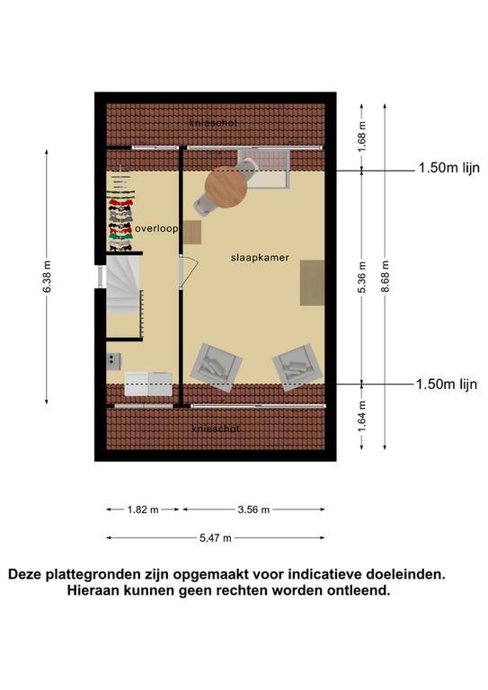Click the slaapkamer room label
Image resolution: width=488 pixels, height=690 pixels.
click(x=260, y=258)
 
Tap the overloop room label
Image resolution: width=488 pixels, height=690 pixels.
click(x=156, y=229)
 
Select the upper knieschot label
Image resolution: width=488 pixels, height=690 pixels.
click(x=213, y=123)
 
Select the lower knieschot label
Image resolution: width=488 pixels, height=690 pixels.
click(x=216, y=429)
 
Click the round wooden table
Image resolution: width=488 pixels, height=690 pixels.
click(x=226, y=188)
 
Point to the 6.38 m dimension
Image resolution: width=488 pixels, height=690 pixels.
click(x=48, y=277)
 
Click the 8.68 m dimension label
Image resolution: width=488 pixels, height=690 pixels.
click(x=386, y=277)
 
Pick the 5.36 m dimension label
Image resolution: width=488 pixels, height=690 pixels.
click(x=362, y=278)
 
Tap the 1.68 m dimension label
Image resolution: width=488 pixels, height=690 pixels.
click(x=362, y=137)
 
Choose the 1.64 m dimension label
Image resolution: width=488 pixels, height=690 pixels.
click(x=362, y=416)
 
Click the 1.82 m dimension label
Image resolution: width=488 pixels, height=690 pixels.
click(x=143, y=509)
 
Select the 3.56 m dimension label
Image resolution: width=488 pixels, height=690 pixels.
click(x=253, y=509)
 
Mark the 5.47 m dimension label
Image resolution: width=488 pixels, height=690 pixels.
click(x=216, y=538)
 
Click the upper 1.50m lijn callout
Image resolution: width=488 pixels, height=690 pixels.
click(x=448, y=168)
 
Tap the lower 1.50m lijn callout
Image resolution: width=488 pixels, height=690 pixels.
click(x=447, y=385)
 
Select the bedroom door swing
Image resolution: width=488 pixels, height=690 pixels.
click(x=190, y=272)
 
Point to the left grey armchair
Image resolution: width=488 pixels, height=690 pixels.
click(x=216, y=367)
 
